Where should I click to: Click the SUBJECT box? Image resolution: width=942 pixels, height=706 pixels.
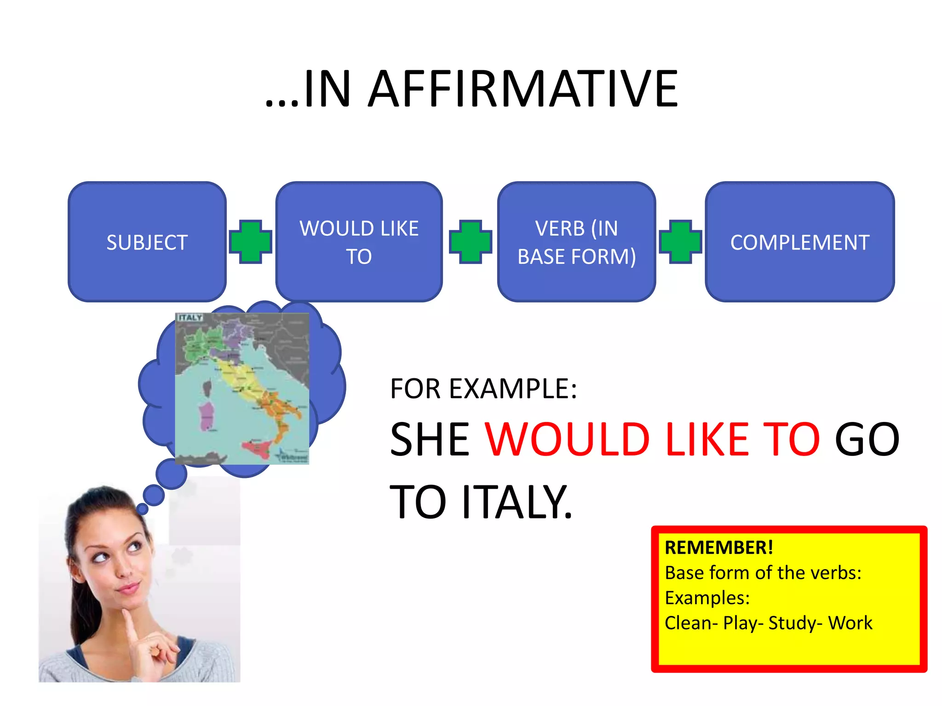(147, 242)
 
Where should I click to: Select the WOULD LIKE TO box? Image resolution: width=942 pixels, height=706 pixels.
(359, 242)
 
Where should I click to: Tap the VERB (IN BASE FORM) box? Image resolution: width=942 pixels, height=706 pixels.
(576, 242)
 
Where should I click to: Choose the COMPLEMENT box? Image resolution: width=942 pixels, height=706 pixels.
(799, 242)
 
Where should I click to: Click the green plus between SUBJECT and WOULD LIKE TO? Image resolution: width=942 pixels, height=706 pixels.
(251, 242)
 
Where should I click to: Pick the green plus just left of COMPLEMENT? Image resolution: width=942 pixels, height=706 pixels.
(680, 242)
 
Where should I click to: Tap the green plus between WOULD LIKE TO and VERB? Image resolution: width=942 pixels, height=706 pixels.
(470, 242)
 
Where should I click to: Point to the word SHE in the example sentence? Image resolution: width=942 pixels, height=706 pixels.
(430, 440)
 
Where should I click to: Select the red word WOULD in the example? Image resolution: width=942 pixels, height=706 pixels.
(567, 440)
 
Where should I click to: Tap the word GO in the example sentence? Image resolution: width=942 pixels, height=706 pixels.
(867, 440)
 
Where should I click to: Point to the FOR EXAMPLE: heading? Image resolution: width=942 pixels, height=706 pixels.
(483, 389)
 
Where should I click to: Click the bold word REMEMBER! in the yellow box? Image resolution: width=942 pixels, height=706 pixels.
(718, 548)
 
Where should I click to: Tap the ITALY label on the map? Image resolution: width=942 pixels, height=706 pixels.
(190, 318)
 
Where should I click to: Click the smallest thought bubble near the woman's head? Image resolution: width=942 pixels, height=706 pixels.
(143, 509)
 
